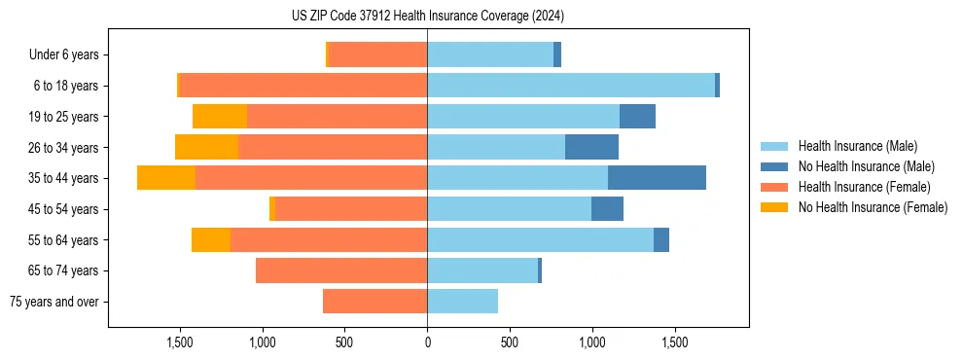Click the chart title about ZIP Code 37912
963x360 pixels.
click(x=427, y=17)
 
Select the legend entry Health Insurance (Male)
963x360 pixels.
click(x=857, y=146)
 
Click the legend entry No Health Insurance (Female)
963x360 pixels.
click(x=873, y=207)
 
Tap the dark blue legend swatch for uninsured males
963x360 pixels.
click(x=775, y=166)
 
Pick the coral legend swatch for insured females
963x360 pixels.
click(x=775, y=187)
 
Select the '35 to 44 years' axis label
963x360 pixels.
click(x=63, y=178)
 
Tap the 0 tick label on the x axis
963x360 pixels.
click(x=427, y=342)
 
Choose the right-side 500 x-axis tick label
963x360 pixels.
click(x=510, y=342)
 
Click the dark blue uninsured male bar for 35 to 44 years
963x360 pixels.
click(x=657, y=178)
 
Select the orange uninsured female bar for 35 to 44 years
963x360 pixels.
click(x=166, y=178)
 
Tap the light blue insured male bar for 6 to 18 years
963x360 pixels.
click(x=571, y=86)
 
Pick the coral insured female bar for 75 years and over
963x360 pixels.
click(x=374, y=302)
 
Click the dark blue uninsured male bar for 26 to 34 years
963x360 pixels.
click(x=591, y=147)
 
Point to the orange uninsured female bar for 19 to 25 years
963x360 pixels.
click(x=220, y=117)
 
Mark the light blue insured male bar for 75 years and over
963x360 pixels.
click(x=462, y=302)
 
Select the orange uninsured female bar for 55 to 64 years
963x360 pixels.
click(x=211, y=239)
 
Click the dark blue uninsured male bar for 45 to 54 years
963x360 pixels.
click(x=607, y=209)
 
